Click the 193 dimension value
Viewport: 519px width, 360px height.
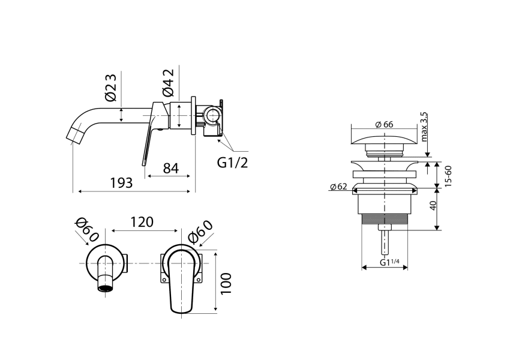pyautogui.click(x=121, y=182)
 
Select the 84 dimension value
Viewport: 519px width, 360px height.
pyautogui.click(x=171, y=168)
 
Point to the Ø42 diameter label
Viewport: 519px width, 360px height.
pyautogui.click(x=168, y=84)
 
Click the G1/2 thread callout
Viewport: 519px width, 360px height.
pyautogui.click(x=232, y=163)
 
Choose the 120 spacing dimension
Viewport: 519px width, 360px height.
pyautogui.click(x=142, y=222)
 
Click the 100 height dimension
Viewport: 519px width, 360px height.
pyautogui.click(x=226, y=283)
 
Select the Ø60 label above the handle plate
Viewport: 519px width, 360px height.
pyautogui.click(x=200, y=232)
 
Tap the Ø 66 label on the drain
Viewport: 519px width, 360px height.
pyautogui.click(x=383, y=124)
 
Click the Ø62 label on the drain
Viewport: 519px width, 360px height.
pyautogui.click(x=339, y=187)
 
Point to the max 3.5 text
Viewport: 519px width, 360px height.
pyautogui.click(x=424, y=127)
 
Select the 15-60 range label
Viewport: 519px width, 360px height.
pyautogui.click(x=448, y=175)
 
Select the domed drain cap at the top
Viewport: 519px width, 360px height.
pyautogui.click(x=383, y=140)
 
